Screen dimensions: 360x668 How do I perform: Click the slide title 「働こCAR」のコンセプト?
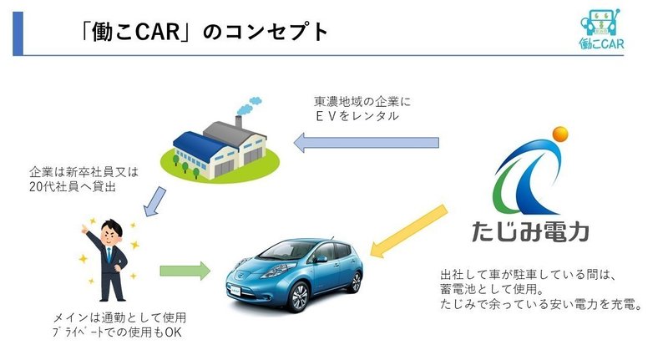(x=200, y=33)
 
